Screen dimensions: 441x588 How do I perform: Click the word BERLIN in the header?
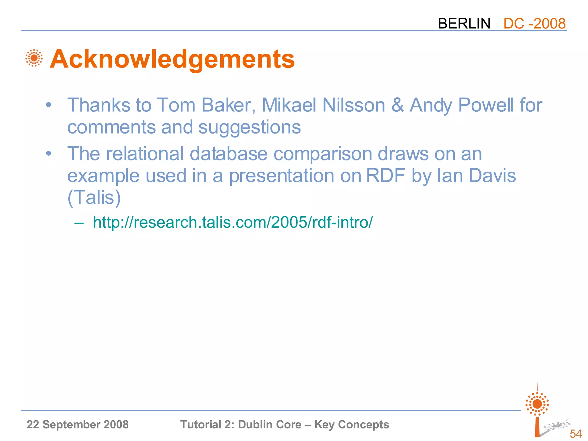coord(464,24)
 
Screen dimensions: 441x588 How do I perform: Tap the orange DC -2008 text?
coord(534,24)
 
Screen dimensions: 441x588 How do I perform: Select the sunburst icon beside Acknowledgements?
coord(34,58)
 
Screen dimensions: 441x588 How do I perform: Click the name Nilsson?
coord(353,105)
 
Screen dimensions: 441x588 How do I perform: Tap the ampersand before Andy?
coord(397,105)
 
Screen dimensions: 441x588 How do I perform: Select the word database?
coord(229,154)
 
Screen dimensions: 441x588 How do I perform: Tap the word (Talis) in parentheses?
coord(94,198)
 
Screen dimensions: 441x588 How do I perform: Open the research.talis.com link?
coord(233,222)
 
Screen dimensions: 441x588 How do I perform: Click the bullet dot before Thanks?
coord(49,105)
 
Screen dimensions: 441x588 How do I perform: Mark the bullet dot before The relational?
coord(49,154)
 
